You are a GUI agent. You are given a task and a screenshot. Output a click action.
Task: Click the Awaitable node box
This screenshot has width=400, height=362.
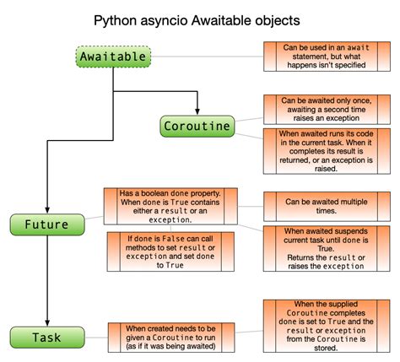click(114, 57)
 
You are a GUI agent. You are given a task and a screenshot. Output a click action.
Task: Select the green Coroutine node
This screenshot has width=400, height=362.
click(197, 126)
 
